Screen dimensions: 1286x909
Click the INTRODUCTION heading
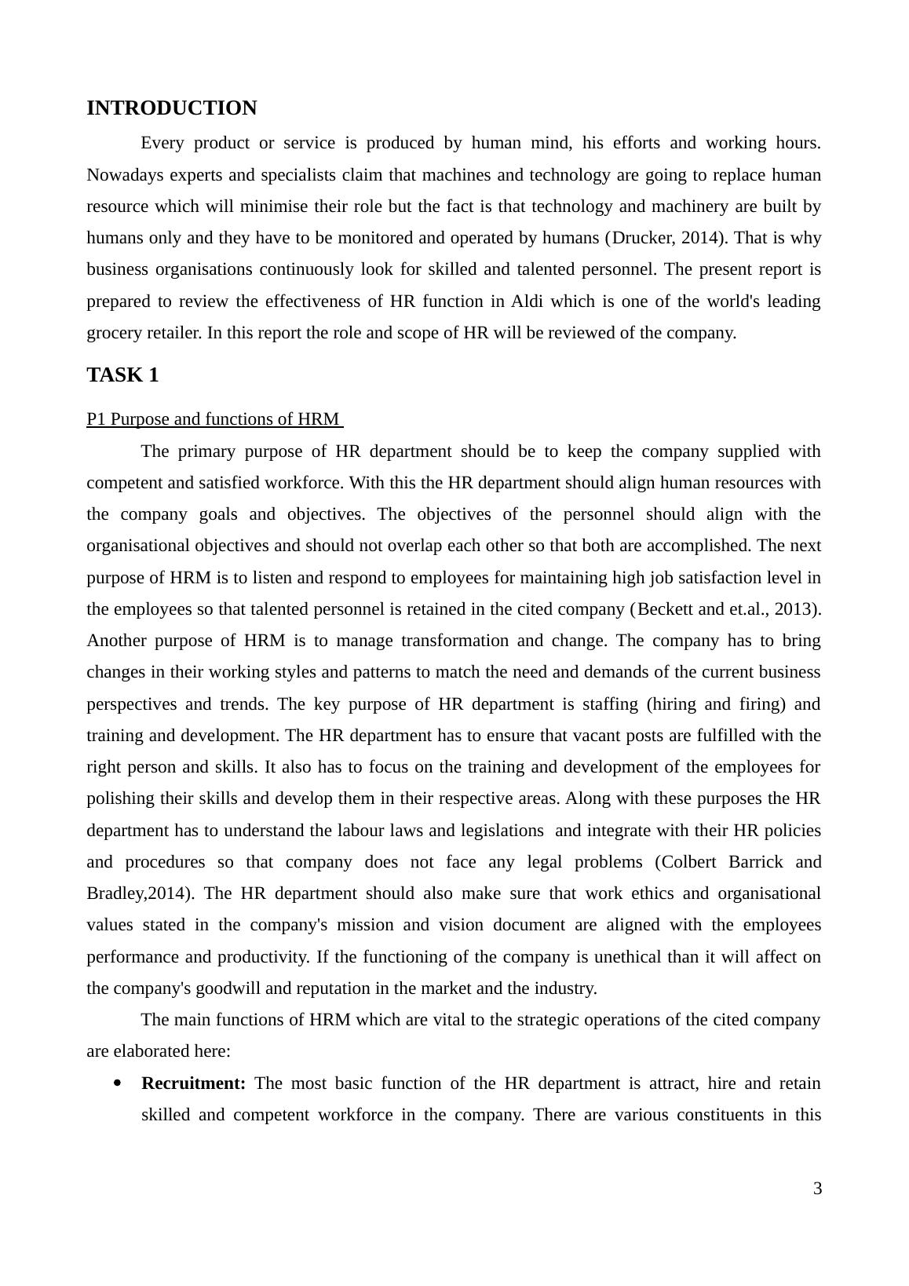pos(171,108)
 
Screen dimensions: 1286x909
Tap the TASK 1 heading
pos(122,375)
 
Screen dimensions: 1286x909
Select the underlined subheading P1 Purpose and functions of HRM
pos(214,419)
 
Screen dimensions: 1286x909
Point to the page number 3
pos(817,1189)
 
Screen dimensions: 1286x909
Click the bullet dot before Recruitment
pos(118,1083)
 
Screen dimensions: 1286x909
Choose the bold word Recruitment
pos(193,1083)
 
